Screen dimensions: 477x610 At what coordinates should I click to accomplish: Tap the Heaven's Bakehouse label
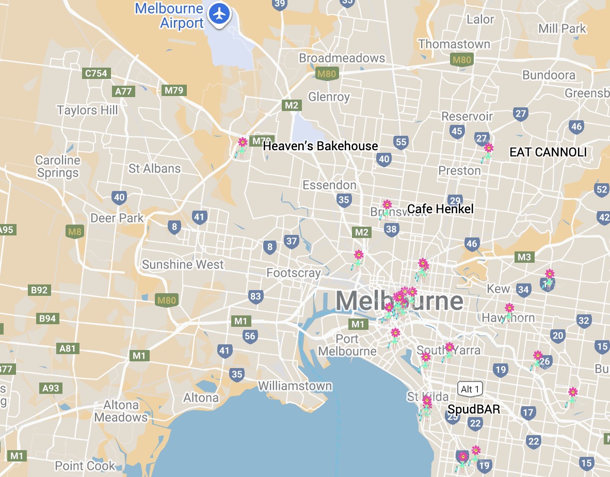320,146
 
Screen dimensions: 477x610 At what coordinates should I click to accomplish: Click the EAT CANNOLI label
548,152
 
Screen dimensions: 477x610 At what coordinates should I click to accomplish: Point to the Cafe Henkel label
440,209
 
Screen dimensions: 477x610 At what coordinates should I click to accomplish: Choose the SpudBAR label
474,409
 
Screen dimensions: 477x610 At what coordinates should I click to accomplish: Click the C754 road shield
96,73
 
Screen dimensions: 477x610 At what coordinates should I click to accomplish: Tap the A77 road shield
123,91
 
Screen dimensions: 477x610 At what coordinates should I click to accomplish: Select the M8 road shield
75,231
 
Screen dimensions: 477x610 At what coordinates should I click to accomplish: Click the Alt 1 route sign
470,389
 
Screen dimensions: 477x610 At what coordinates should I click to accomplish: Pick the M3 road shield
524,257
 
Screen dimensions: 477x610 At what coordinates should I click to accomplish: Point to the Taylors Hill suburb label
87,110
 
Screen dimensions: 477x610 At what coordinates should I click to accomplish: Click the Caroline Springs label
58,166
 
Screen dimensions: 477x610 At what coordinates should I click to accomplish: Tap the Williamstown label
295,386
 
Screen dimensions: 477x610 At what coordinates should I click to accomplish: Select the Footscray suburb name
293,273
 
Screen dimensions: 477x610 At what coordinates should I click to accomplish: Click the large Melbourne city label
399,301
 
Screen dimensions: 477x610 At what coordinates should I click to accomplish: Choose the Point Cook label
85,466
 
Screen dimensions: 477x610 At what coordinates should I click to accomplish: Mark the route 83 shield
255,296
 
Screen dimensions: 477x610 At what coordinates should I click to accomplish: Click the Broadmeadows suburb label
342,58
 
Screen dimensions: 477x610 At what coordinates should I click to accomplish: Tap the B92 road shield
39,290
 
